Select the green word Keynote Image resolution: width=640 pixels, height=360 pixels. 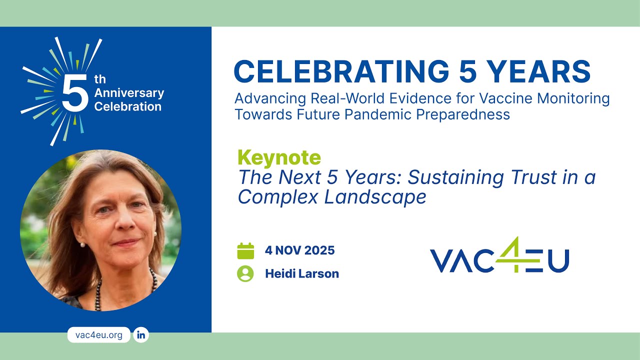[279, 157]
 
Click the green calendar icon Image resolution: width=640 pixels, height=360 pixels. [245, 250]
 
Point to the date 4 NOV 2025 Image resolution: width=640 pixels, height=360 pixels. [299, 250]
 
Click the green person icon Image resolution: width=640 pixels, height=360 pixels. [245, 273]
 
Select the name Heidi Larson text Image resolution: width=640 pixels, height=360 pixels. [301, 274]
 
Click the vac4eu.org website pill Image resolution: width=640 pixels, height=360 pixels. [98, 335]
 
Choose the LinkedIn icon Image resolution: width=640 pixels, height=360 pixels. [141, 335]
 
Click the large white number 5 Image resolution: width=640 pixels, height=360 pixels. [75, 93]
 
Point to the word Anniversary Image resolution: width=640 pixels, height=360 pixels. [129, 93]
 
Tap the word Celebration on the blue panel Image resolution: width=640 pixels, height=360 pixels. [127, 106]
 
